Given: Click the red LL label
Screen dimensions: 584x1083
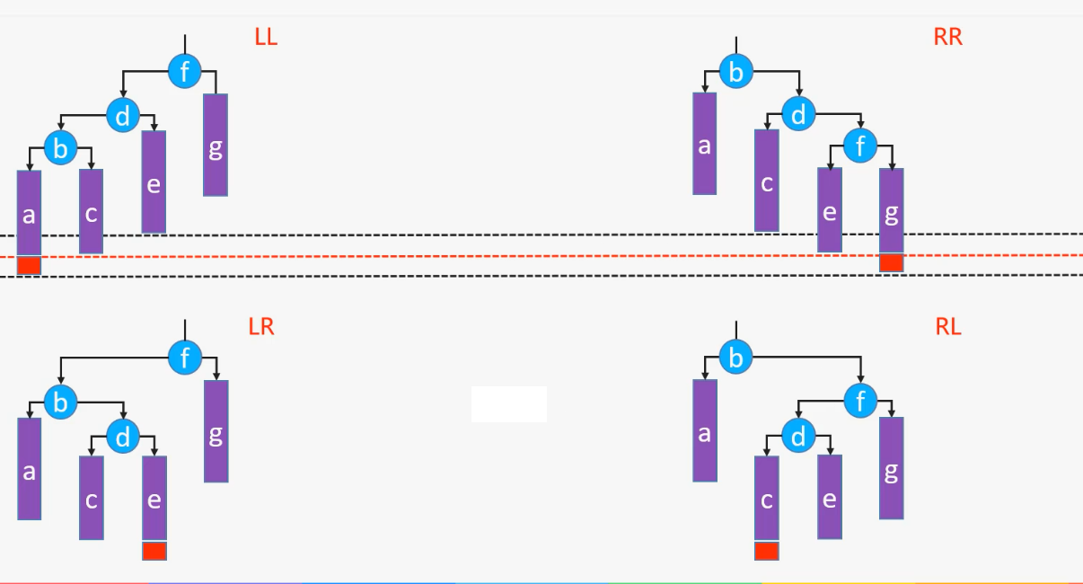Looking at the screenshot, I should pyautogui.click(x=266, y=38).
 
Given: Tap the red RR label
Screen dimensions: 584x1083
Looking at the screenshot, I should pyautogui.click(x=947, y=37).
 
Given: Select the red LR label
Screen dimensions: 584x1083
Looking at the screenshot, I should pyautogui.click(x=261, y=326).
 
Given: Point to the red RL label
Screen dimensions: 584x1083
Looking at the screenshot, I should pyautogui.click(x=948, y=327).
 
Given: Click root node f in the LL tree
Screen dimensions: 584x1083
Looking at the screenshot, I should pyautogui.click(x=185, y=72).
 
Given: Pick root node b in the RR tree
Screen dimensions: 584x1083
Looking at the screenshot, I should pyautogui.click(x=735, y=72).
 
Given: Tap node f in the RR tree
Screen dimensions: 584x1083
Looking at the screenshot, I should pyautogui.click(x=859, y=146).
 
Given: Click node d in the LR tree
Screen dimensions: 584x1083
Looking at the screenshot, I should pyautogui.click(x=123, y=438).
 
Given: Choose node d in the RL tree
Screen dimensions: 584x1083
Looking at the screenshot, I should pyautogui.click(x=797, y=437).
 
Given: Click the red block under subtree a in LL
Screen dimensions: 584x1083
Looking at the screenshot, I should pyautogui.click(x=29, y=265).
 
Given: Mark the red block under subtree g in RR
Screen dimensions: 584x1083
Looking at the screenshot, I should pyautogui.click(x=891, y=262).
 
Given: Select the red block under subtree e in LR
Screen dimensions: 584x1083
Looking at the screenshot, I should pyautogui.click(x=154, y=551).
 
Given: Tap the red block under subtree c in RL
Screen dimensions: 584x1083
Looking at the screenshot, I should pyautogui.click(x=766, y=551).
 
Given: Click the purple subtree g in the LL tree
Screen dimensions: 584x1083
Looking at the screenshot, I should pyautogui.click(x=216, y=145).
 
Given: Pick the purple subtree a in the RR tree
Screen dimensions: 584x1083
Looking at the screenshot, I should pyautogui.click(x=704, y=144).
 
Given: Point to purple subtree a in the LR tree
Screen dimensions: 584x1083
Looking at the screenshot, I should pyautogui.click(x=29, y=468).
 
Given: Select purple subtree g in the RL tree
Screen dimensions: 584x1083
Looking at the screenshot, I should pyautogui.click(x=891, y=468).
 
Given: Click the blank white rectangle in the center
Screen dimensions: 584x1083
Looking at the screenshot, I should pyautogui.click(x=508, y=404).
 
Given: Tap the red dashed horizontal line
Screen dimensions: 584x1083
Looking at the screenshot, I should pyautogui.click(x=539, y=256).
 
